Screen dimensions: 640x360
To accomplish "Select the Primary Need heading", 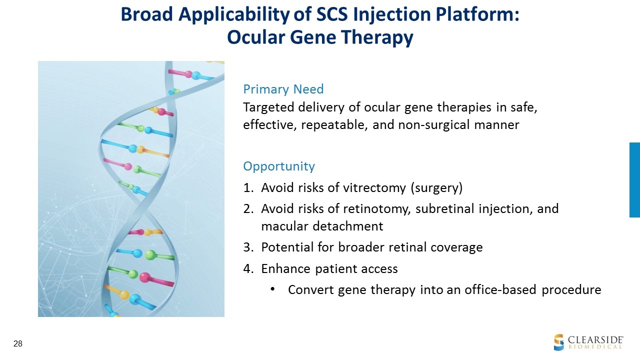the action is [x=283, y=89].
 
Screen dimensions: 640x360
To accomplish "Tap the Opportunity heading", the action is [x=279, y=166].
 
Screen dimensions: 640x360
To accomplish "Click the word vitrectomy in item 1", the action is [x=374, y=188].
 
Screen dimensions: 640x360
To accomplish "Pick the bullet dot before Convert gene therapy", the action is [x=272, y=289].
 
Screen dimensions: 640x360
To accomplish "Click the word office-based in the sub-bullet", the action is [x=500, y=289].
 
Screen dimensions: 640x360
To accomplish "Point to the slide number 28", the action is [x=17, y=343].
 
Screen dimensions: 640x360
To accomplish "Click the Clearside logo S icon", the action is [x=559, y=342].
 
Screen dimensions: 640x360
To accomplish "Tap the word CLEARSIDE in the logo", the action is [x=595, y=340].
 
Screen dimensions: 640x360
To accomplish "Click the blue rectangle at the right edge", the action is [x=634, y=180].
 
